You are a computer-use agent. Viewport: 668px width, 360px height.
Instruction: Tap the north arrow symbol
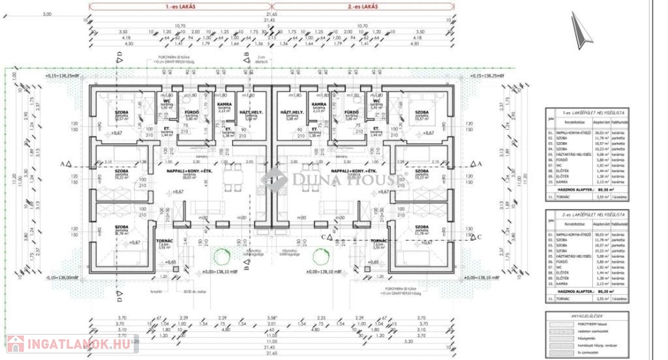click(578, 29)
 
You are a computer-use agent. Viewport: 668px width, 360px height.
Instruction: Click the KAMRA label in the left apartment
click(226, 104)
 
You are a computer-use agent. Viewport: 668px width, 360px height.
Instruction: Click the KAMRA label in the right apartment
click(318, 104)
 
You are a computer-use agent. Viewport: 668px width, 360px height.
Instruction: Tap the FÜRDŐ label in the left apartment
click(191, 112)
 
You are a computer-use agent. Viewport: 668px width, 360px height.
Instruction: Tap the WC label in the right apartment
click(376, 102)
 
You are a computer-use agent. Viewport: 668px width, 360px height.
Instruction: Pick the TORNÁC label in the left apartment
click(166, 240)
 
